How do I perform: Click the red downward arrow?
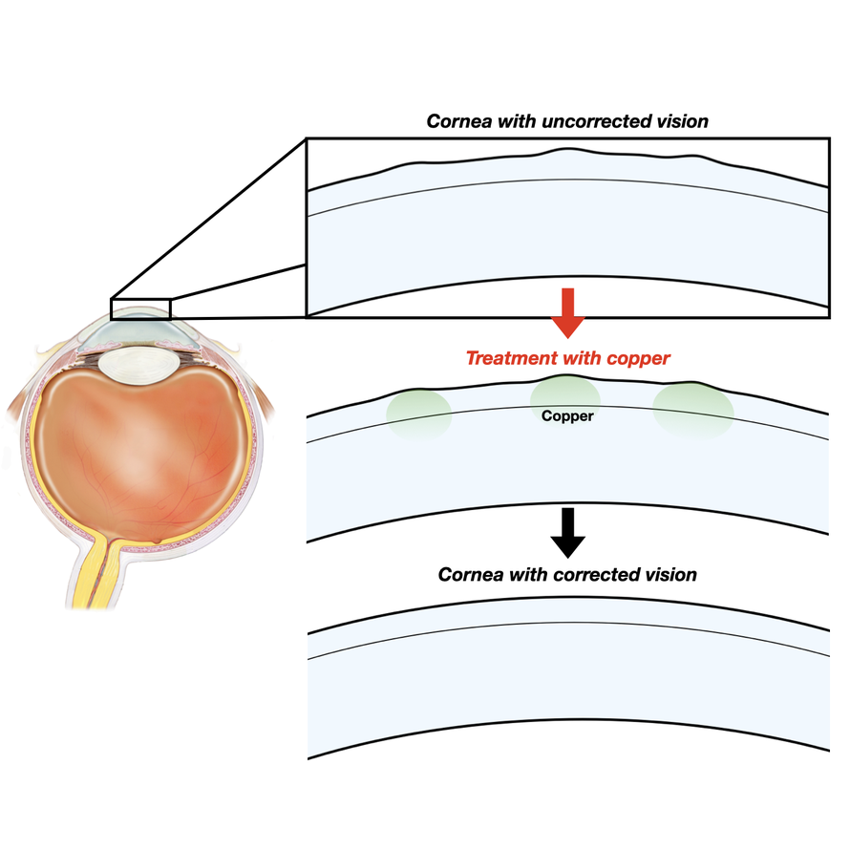point(568,311)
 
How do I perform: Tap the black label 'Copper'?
point(567,416)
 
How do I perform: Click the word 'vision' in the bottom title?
point(669,575)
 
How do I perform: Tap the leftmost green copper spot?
point(419,413)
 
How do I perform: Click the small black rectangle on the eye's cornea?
point(140,308)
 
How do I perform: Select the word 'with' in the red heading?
point(590,359)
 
